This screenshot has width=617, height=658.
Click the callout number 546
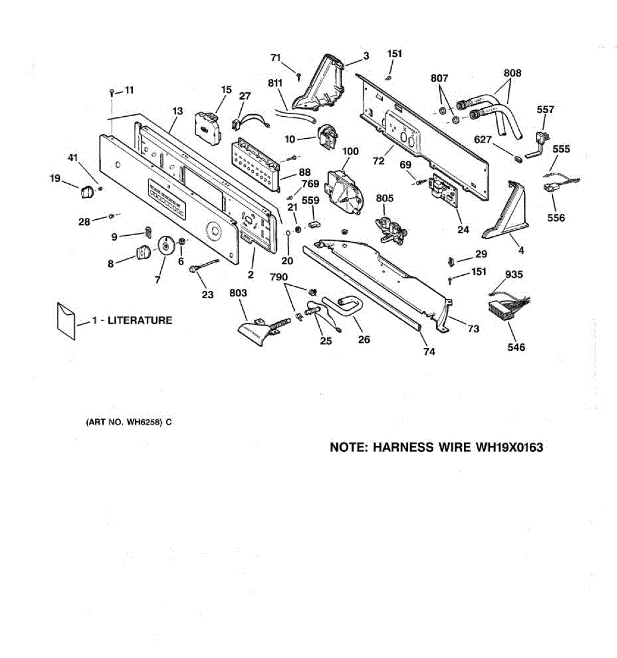point(516,347)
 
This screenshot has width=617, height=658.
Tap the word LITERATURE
point(140,320)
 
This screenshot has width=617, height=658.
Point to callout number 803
point(238,293)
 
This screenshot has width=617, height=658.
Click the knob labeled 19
point(85,191)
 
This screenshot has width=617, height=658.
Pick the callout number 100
point(350,151)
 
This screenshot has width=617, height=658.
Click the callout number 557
point(545,110)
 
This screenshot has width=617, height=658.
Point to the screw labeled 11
point(112,92)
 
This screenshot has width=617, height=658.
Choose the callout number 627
point(483,140)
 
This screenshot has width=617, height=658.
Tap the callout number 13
point(177,111)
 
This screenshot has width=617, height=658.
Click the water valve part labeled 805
point(389,229)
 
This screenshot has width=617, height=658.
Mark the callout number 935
point(514,275)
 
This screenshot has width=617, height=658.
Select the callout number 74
point(429,351)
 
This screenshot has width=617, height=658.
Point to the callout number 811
point(275,83)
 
